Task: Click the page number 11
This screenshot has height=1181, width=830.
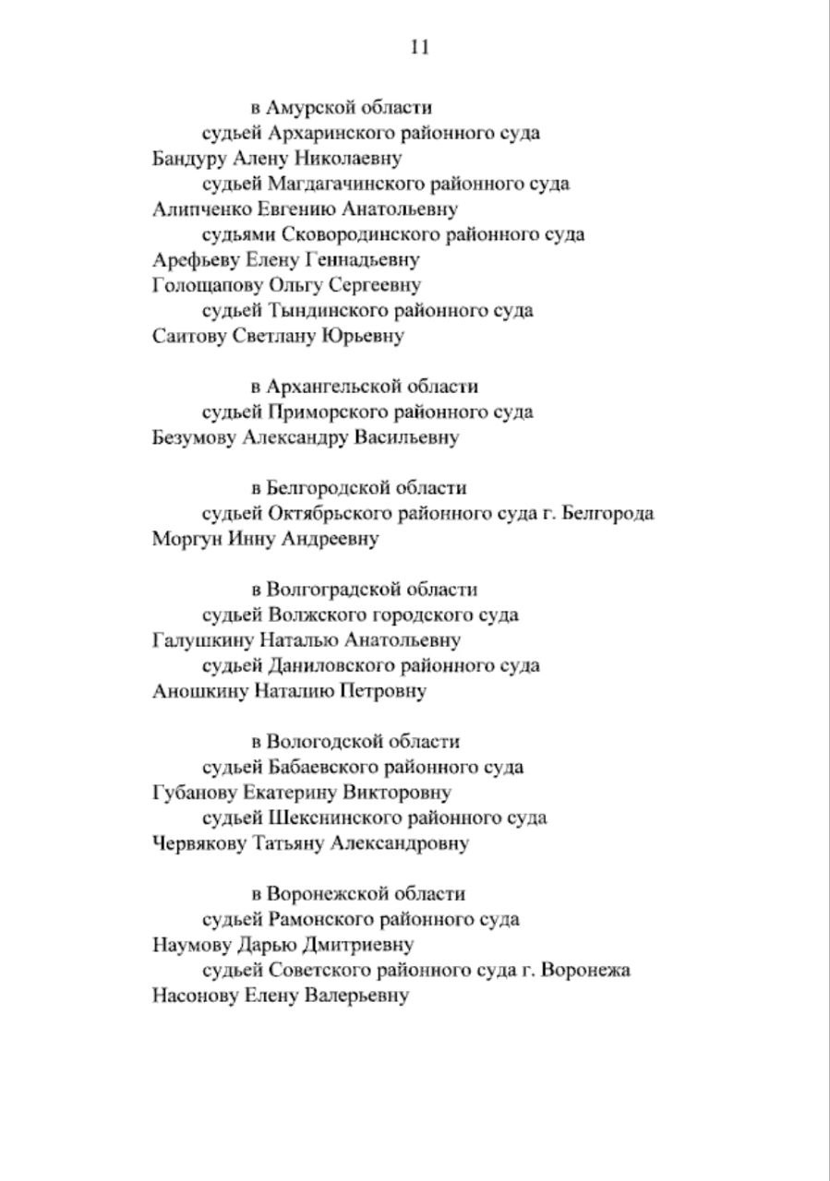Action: [x=418, y=48]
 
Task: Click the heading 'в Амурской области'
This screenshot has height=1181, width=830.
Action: [x=342, y=108]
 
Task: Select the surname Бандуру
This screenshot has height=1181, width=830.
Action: [x=187, y=159]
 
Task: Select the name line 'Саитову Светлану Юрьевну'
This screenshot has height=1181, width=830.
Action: [x=278, y=336]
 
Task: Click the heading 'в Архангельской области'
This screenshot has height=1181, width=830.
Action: [x=365, y=387]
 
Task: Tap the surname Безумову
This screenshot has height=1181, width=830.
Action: [x=194, y=437]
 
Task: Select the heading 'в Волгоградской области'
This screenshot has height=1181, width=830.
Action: [x=365, y=590]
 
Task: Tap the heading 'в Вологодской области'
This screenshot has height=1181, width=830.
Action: [x=355, y=742]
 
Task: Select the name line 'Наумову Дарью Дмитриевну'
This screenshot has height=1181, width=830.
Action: [x=283, y=945]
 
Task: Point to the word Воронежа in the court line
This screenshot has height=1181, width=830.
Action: [x=586, y=971]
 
